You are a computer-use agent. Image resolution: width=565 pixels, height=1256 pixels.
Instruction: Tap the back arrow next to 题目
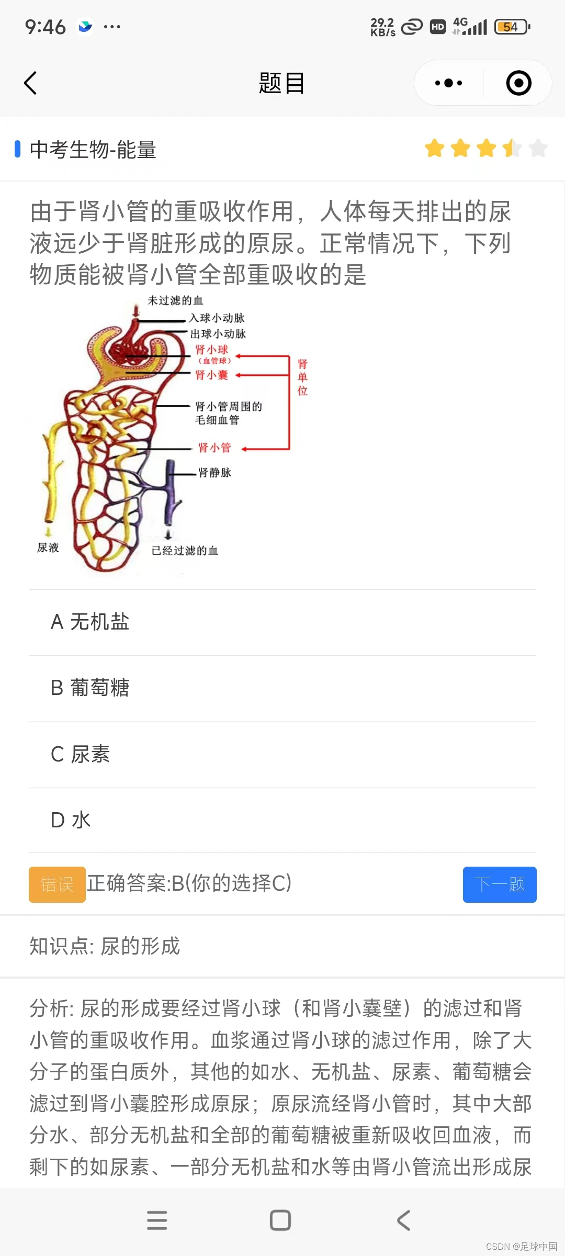point(31,83)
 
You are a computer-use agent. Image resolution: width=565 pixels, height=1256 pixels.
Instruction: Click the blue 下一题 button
point(499,884)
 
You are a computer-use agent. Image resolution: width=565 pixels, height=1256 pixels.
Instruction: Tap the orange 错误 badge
point(57,884)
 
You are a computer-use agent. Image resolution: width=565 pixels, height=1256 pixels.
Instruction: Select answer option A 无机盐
point(90,622)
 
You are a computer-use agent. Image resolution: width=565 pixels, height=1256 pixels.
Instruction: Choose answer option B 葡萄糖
point(90,688)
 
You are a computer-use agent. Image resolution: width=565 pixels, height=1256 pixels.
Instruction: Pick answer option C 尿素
point(81,755)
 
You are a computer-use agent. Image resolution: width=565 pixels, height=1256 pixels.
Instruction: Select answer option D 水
point(71,820)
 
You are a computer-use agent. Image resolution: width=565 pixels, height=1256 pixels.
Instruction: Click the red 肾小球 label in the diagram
point(212,350)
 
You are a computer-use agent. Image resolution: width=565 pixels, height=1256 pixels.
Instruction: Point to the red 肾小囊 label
point(212,375)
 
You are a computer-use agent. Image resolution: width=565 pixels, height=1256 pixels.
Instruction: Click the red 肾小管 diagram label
point(214,448)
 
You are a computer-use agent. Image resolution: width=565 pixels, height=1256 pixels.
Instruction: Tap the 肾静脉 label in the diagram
point(214,473)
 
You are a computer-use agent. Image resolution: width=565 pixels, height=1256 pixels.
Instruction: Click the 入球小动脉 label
point(217,318)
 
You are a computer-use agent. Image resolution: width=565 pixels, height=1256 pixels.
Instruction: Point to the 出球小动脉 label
point(218,334)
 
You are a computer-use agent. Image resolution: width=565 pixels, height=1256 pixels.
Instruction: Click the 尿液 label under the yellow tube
point(48,548)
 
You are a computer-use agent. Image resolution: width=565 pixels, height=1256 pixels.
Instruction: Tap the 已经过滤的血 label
point(185,551)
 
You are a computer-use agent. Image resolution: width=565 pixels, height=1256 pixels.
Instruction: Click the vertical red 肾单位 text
point(302,377)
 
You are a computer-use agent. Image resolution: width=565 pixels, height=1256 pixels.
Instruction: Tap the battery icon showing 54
point(511,27)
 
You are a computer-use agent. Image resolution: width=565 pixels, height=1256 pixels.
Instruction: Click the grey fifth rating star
point(538,149)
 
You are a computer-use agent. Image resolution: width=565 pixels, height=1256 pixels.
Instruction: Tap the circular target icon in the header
point(518,83)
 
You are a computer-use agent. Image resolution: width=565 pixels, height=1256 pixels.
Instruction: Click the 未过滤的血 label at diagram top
point(175,301)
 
